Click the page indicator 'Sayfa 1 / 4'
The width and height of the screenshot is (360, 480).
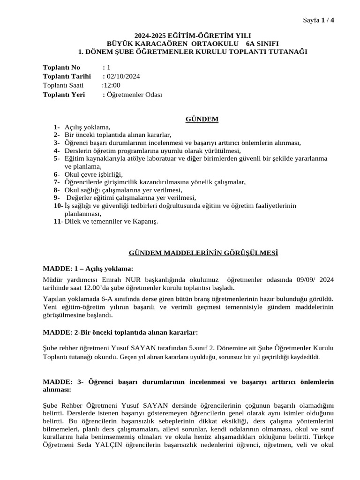[319, 20]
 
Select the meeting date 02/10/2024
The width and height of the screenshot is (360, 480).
[124, 76]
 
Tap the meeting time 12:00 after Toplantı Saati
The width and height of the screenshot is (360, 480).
[112, 85]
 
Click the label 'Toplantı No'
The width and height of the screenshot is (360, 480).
[61, 67]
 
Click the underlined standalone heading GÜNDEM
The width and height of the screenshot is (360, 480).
[203, 119]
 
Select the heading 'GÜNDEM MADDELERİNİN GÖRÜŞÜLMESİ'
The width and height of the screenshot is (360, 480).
[203, 253]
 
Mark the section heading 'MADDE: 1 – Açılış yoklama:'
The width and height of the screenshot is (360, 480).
[88, 269]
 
